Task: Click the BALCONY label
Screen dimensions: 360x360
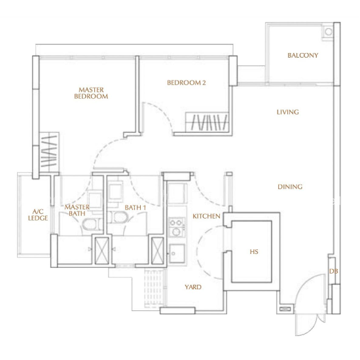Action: pos(303,56)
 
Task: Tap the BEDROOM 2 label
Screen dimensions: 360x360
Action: pos(187,82)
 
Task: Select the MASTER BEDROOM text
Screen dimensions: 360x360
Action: pos(91,93)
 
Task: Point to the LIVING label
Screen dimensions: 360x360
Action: pos(288,112)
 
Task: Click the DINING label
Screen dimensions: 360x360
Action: pos(290,187)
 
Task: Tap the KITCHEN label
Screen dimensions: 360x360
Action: pos(206,216)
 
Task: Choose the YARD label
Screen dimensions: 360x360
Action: pos(193,287)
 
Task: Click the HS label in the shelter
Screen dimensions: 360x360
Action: pos(254,252)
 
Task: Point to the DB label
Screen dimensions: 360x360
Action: pos(334,272)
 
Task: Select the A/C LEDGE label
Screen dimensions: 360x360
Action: pos(38,215)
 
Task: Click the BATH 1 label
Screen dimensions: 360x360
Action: pos(135,207)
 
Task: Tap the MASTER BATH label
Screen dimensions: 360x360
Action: pos(77,210)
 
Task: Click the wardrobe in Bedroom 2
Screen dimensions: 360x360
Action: pos(207,122)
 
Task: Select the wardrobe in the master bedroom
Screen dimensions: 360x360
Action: pos(49,152)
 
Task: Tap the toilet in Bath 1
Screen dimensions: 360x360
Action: pos(119,217)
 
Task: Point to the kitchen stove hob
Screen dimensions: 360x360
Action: pos(177,227)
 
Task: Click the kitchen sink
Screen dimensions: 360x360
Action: pos(177,253)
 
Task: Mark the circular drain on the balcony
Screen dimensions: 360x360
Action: pos(329,31)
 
